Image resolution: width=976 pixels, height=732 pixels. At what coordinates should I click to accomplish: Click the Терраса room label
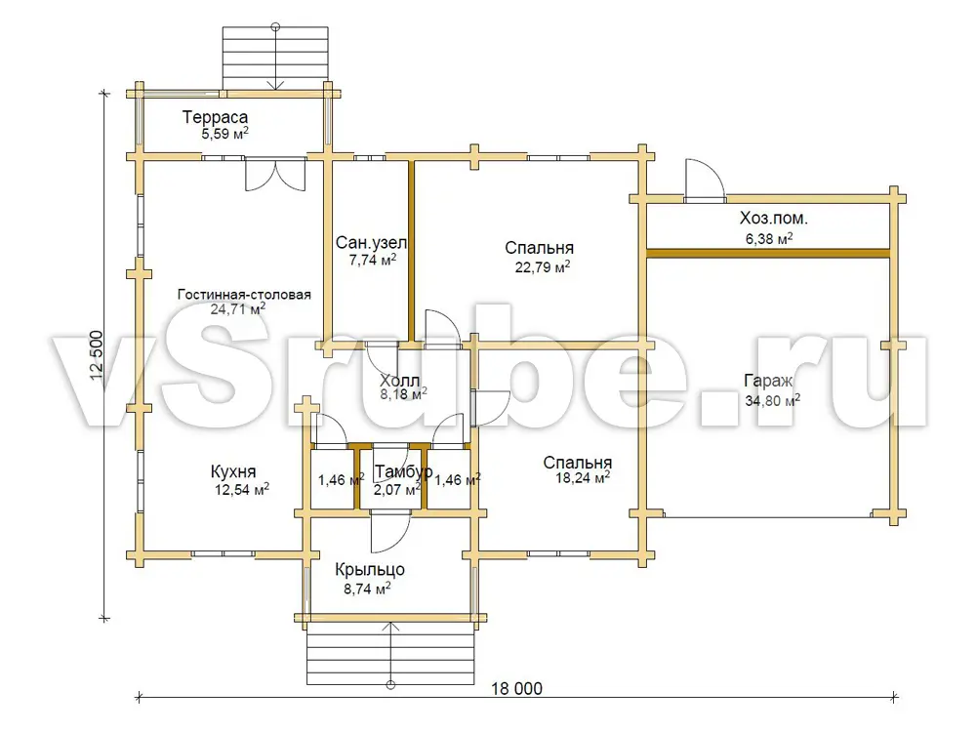pos(215,117)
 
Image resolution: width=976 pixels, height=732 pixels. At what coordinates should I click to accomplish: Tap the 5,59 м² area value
pos(224,133)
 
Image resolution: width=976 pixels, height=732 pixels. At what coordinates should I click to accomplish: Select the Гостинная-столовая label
pos(244,295)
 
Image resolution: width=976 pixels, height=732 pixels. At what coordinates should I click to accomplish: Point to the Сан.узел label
pos(371,243)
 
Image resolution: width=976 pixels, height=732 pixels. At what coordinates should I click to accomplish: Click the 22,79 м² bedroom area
pos(543,267)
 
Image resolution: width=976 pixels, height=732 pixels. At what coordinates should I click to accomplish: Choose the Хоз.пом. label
pos(774,219)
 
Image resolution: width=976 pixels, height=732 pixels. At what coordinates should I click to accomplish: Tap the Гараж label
pos(768,382)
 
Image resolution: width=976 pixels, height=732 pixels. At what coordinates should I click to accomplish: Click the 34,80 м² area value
pos(772,400)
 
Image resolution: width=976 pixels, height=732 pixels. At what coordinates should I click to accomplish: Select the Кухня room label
pos(233,471)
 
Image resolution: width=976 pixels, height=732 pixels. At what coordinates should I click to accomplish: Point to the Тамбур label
pos(403,472)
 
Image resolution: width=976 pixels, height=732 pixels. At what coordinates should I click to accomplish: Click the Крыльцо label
pos(370,570)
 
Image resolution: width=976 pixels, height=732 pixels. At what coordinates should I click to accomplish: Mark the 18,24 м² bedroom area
pos(583,478)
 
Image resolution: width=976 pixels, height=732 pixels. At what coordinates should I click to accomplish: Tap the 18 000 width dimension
pos(516,688)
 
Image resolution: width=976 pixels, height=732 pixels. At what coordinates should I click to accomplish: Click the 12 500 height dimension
pos(97,355)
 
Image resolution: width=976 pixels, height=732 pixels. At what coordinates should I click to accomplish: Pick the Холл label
pos(399,381)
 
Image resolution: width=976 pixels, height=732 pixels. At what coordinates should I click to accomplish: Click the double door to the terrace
pos(276,174)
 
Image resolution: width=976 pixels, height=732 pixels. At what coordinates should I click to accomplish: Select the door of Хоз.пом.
pos(705,181)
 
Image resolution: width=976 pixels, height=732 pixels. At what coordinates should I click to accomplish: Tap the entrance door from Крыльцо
pos(390,532)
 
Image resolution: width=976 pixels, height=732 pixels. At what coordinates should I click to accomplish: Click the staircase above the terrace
pos(275,58)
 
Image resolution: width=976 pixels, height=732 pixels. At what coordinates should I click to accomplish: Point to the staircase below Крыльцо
pos(391,654)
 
